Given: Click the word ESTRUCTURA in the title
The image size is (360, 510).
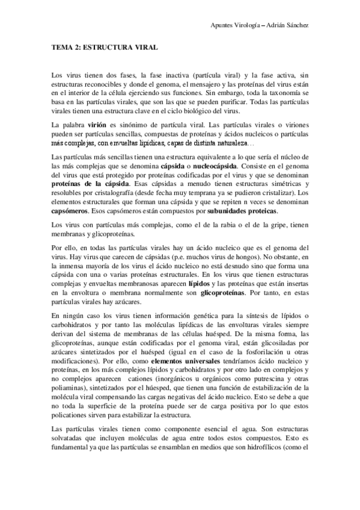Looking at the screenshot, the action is [x=103, y=46].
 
